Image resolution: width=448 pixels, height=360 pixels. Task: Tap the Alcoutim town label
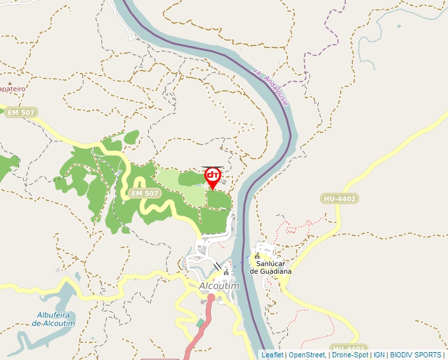[219, 286]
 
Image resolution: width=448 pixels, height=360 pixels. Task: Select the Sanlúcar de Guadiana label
[270, 267]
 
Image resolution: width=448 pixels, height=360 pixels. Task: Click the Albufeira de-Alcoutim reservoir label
[54, 319]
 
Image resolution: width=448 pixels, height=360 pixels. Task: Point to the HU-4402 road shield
[340, 198]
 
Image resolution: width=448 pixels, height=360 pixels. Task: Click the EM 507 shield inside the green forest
[145, 193]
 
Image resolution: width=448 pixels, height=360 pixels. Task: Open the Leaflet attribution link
[272, 355]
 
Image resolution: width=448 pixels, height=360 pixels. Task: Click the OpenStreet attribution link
[306, 355]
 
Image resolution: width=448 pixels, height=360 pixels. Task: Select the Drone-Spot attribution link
[350, 355]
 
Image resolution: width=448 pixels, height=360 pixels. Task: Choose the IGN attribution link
[379, 355]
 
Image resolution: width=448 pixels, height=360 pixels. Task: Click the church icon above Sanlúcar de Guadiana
[257, 256]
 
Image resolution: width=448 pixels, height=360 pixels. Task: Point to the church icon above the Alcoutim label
[226, 271]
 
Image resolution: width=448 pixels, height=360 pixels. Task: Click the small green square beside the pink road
[200, 323]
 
